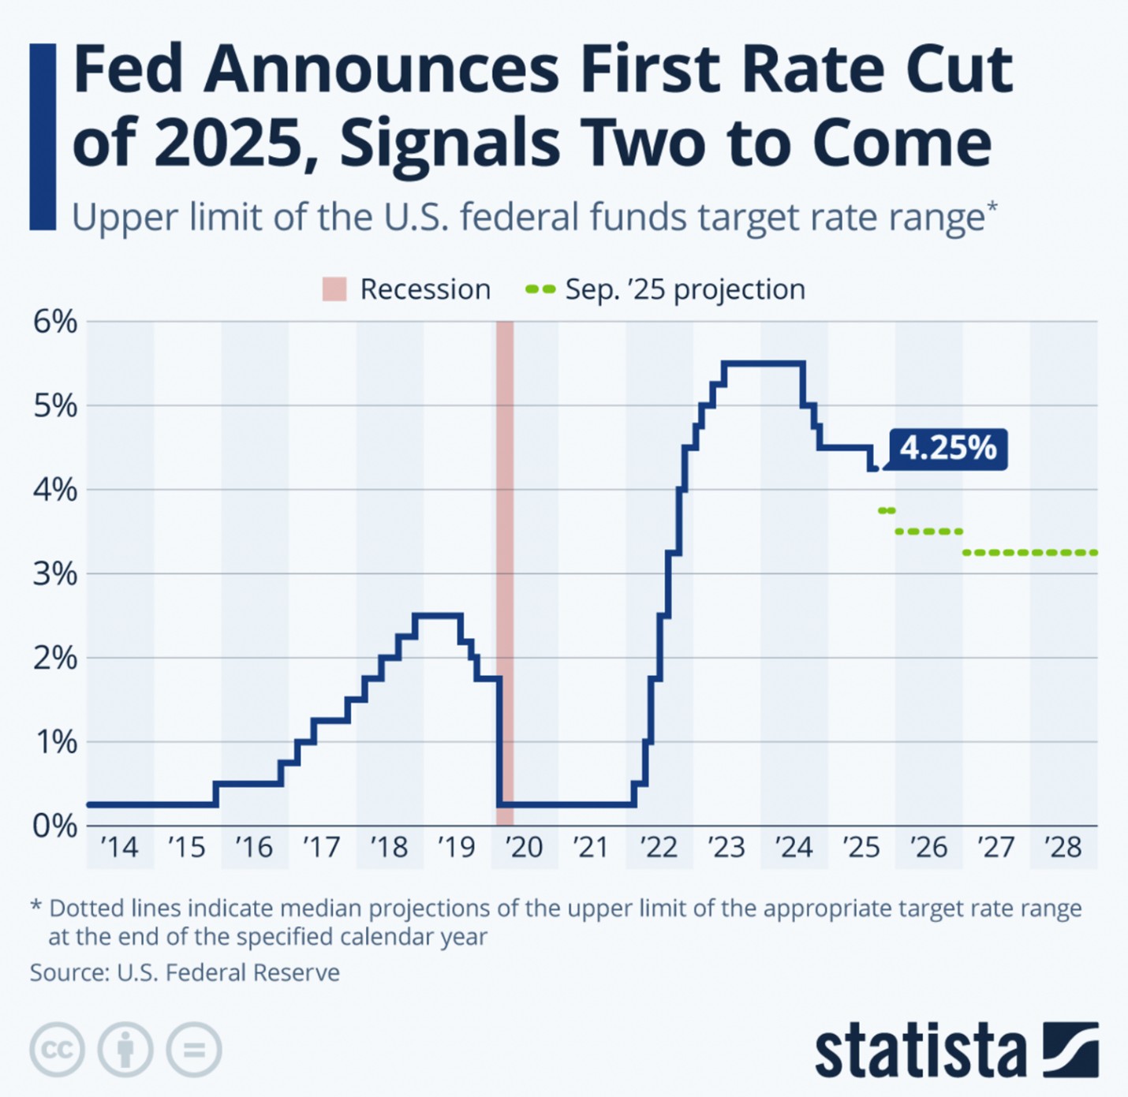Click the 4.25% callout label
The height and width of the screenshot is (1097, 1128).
[x=948, y=449]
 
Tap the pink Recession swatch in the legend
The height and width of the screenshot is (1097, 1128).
[x=334, y=289]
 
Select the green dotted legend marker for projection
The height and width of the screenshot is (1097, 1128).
[x=540, y=289]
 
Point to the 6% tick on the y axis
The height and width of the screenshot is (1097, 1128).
[x=54, y=322]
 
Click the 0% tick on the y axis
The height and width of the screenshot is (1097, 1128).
[x=54, y=826]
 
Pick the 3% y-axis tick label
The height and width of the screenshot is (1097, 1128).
[x=54, y=573]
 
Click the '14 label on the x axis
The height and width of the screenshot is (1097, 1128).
[x=119, y=848]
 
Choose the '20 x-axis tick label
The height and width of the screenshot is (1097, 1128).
[x=524, y=848]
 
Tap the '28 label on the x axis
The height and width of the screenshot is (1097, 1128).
[x=1063, y=848]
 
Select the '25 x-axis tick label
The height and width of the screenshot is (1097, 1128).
[x=861, y=848]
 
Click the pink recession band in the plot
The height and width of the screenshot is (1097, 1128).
[x=505, y=552]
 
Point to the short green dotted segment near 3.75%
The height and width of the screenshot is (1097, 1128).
[x=887, y=511]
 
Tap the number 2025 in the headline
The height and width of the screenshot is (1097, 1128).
[x=229, y=144]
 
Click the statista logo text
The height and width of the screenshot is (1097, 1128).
[x=920, y=1050]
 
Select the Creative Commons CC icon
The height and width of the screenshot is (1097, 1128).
[x=57, y=1050]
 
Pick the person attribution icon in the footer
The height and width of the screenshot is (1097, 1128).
[x=125, y=1050]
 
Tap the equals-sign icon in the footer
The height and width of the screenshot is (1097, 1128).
[x=194, y=1050]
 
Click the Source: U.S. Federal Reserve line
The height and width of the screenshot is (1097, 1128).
[x=185, y=972]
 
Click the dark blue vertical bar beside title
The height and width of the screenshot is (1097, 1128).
[x=43, y=136]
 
